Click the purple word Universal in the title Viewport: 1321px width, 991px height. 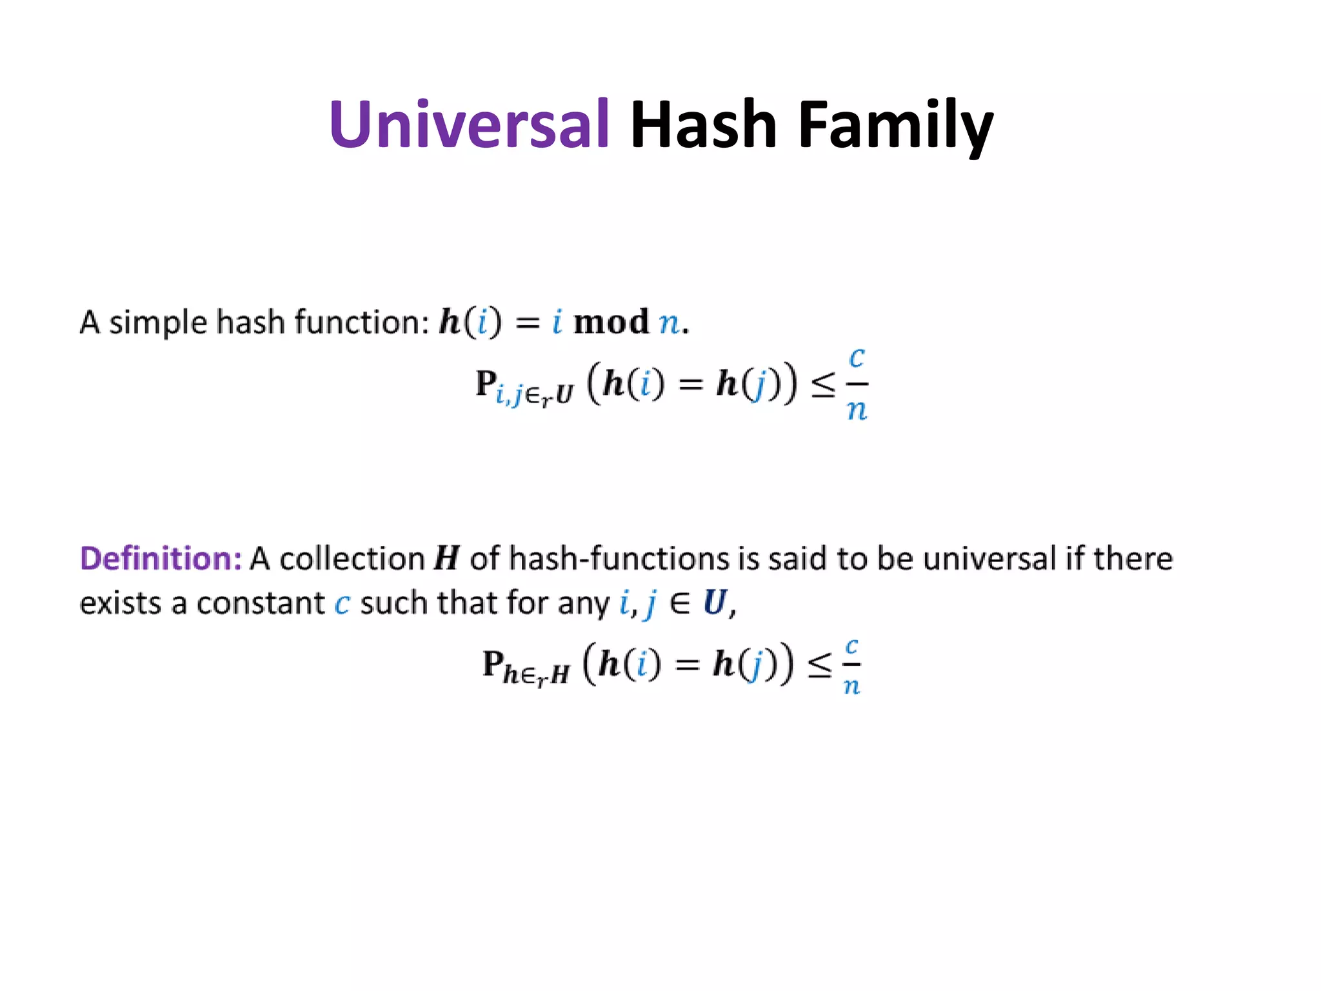[469, 124]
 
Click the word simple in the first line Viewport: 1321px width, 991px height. [158, 323]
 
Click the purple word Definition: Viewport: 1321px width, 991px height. [161, 558]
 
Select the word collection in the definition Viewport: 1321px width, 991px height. [352, 559]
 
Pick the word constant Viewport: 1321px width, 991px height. [261, 603]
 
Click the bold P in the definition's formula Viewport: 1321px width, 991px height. [493, 663]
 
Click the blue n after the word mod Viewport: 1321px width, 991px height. [670, 323]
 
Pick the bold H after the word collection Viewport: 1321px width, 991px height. [446, 558]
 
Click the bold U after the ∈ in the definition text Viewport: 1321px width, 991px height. [715, 603]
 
